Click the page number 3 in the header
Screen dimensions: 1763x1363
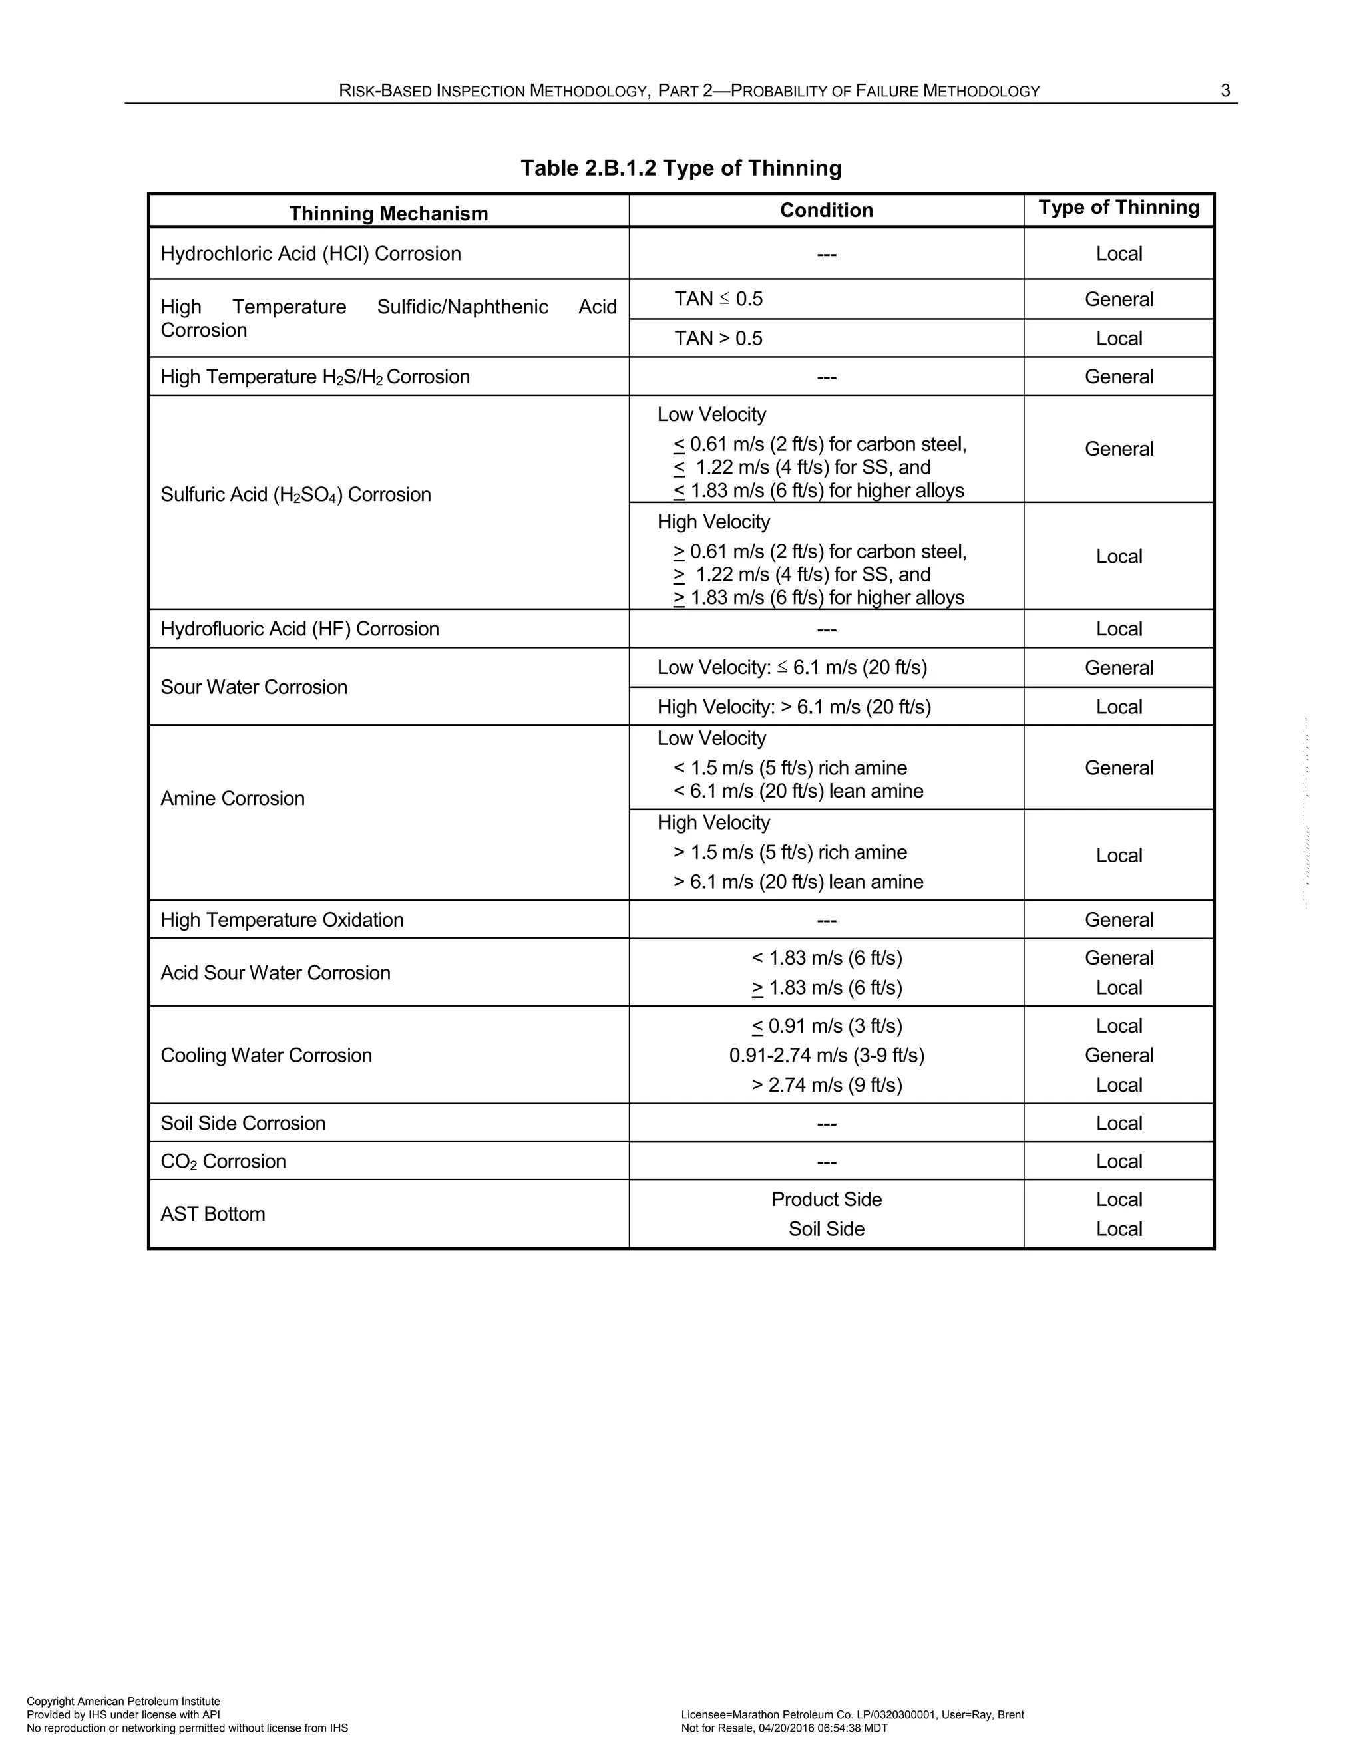click(1225, 91)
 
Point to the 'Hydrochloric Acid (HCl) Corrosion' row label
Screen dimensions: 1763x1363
click(311, 253)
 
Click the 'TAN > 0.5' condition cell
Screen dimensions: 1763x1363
click(718, 338)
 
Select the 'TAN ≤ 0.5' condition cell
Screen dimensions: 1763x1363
click(718, 299)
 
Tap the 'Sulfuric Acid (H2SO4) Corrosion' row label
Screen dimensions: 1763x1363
click(295, 494)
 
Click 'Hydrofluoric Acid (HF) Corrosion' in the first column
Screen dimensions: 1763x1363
click(299, 629)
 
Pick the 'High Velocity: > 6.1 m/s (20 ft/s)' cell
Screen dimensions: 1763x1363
click(794, 707)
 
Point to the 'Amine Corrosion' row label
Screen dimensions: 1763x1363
click(232, 798)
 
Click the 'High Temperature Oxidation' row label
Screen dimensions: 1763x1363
click(282, 920)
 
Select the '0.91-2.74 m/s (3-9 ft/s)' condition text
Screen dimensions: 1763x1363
click(826, 1055)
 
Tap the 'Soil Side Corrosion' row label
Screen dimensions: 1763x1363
click(243, 1123)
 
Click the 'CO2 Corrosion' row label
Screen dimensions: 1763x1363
click(224, 1161)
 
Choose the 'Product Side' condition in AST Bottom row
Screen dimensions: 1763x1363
click(826, 1199)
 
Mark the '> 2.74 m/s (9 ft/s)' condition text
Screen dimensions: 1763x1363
click(826, 1085)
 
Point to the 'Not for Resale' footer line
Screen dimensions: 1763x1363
click(784, 1728)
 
